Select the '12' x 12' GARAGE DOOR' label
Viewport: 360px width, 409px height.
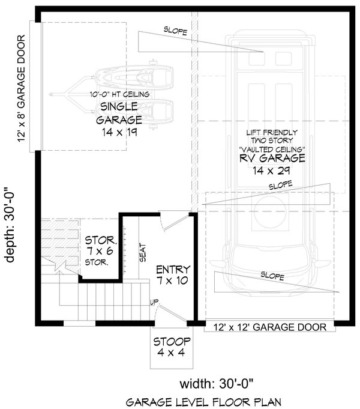pos(270,327)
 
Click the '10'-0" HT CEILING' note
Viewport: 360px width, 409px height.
pos(119,94)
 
